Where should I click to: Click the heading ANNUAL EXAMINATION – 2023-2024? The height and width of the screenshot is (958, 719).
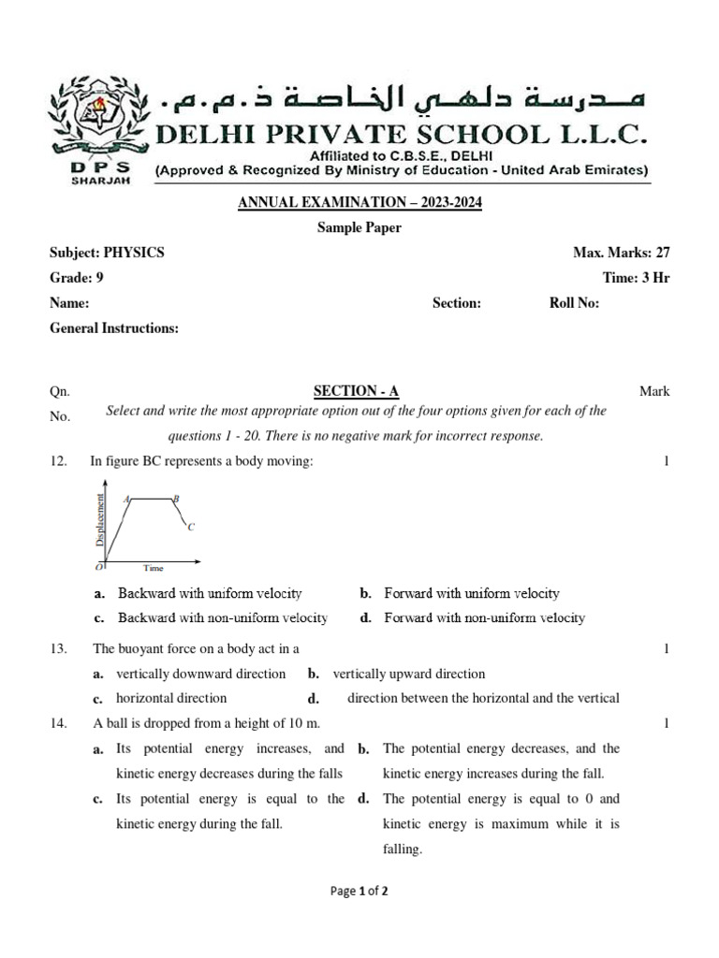coord(359,203)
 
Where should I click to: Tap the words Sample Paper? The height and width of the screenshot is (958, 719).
coord(359,228)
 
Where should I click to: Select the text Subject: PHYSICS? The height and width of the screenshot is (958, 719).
coord(107,253)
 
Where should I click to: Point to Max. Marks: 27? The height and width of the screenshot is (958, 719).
coord(621,253)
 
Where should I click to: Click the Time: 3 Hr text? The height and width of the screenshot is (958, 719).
coord(636,278)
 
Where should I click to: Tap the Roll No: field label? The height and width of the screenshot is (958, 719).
coord(574,303)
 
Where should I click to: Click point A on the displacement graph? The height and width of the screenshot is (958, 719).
coord(126,500)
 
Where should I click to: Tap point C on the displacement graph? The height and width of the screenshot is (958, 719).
coord(190,527)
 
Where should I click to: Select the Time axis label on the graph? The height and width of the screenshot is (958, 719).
coord(153,568)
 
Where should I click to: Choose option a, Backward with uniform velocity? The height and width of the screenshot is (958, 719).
coord(209,593)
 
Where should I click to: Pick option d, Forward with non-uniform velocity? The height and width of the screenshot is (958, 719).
coord(484,617)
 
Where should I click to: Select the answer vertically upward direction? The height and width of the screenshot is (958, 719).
coord(408,674)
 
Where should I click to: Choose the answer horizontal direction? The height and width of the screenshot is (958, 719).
coord(171,698)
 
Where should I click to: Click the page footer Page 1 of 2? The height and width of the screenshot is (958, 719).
coord(359,892)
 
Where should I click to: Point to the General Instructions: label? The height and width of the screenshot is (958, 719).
coord(113,328)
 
